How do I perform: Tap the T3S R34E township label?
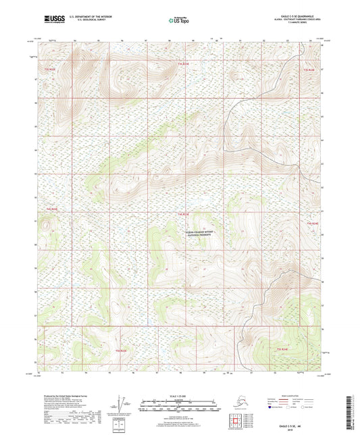pos(309,70)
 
